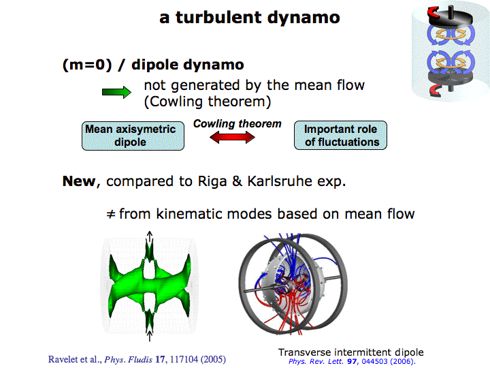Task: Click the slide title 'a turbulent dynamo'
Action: [x=250, y=17]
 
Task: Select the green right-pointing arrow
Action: [x=116, y=93]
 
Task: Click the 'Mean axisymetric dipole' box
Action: [x=130, y=135]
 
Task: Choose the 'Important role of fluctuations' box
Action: [x=341, y=135]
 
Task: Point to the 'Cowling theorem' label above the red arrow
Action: [x=237, y=124]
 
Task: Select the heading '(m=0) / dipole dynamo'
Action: [x=152, y=65]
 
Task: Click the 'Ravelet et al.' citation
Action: [x=73, y=358]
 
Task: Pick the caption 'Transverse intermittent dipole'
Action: [x=350, y=352]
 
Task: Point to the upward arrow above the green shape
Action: [x=150, y=238]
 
